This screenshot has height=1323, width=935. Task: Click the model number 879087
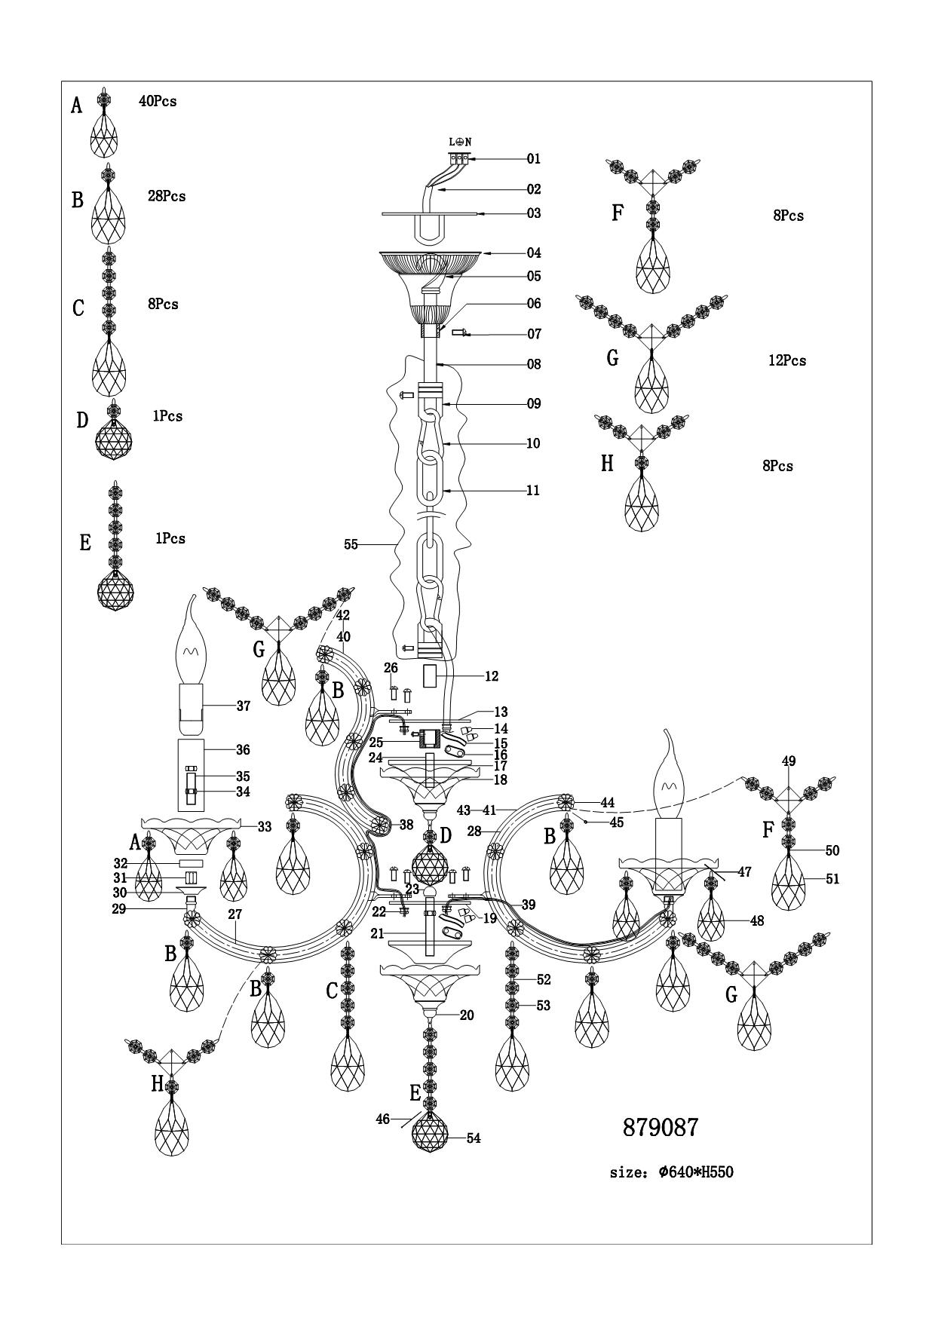tap(661, 1127)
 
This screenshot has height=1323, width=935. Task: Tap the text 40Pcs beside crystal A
tap(158, 101)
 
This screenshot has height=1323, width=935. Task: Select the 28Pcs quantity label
tap(167, 196)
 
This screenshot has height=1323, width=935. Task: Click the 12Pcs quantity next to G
tap(787, 360)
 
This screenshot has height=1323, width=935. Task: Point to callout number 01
tap(534, 159)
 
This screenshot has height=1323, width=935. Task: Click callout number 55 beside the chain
tap(351, 544)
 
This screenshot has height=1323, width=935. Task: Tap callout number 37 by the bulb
tap(243, 706)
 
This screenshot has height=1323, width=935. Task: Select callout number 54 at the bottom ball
tap(474, 1138)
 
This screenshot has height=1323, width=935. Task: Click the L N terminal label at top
tap(460, 142)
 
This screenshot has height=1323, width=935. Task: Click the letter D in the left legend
tap(82, 420)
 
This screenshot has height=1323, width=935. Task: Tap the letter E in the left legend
tap(85, 543)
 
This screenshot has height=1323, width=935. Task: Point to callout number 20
tap(467, 1015)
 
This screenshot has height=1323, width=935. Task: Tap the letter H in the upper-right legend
tap(607, 464)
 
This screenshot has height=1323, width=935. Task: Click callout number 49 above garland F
tap(789, 761)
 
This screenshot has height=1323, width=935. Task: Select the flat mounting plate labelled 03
tap(430, 213)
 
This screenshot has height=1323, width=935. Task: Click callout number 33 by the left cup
tap(264, 827)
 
